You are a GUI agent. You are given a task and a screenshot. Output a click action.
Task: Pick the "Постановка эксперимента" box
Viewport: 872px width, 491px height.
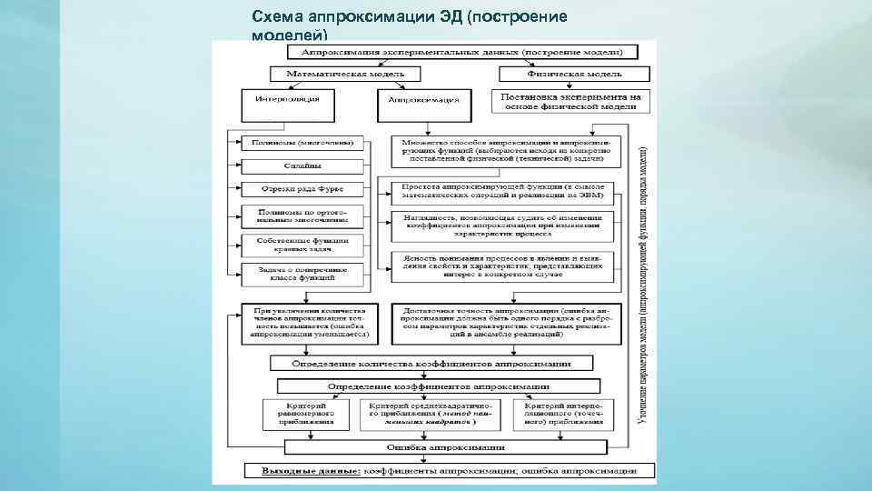tap(571, 101)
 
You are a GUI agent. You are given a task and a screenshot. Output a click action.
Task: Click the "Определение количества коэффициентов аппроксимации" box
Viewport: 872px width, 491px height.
tap(431, 363)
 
